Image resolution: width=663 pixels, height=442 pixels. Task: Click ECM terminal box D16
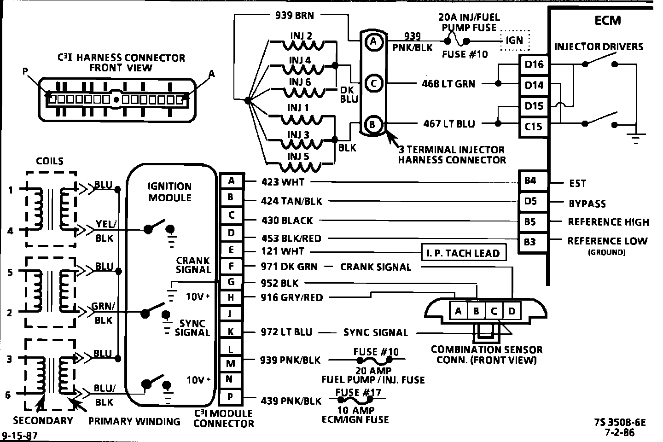[x=534, y=64]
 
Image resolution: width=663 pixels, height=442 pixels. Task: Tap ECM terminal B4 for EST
[x=530, y=181]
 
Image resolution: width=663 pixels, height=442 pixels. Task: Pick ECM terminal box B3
[x=530, y=242]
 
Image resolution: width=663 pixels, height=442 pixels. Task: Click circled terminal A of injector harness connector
[x=374, y=42]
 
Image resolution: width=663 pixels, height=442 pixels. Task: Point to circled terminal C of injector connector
[x=374, y=83]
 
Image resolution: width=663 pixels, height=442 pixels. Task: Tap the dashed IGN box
[x=515, y=40]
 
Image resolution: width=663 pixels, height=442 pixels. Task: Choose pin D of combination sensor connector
[x=512, y=311]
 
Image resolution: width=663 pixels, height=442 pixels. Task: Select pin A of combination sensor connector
[x=458, y=311]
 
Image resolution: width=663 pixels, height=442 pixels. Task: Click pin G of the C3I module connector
[x=231, y=281]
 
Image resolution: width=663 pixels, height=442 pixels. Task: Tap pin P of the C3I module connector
[x=231, y=397]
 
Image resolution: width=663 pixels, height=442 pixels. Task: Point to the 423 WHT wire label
[x=283, y=182]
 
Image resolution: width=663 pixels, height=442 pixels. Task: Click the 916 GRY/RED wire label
[x=292, y=297]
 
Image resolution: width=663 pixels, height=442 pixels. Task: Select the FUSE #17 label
[x=354, y=393]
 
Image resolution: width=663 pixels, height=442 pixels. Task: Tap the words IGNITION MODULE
[x=169, y=192]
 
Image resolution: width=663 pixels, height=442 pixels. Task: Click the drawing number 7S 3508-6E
[x=620, y=422]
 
